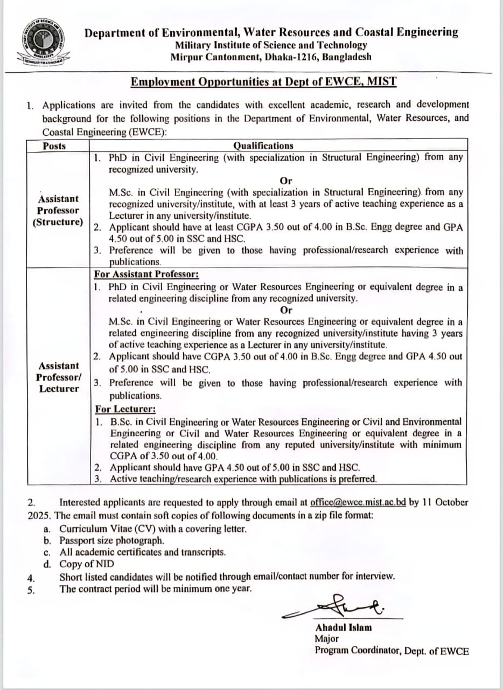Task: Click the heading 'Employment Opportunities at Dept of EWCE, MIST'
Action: [x=264, y=82]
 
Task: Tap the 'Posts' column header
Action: [x=54, y=146]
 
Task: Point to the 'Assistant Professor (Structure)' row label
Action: [x=58, y=211]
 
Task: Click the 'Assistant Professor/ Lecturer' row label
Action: [x=58, y=377]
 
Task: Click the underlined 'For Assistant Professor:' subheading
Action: [x=139, y=274]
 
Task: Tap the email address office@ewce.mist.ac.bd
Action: [x=358, y=502]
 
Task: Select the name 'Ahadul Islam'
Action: [x=343, y=627]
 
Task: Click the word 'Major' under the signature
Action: [x=326, y=639]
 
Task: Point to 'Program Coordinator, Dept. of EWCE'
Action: [x=392, y=651]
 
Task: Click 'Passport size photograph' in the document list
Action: [x=111, y=540]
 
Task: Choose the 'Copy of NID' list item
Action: [x=87, y=564]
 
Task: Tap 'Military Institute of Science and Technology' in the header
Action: [x=271, y=45]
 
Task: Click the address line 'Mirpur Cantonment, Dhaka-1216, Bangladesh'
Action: [x=271, y=57]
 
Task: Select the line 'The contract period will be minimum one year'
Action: [x=156, y=589]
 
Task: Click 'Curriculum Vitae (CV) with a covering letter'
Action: [x=153, y=529]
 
